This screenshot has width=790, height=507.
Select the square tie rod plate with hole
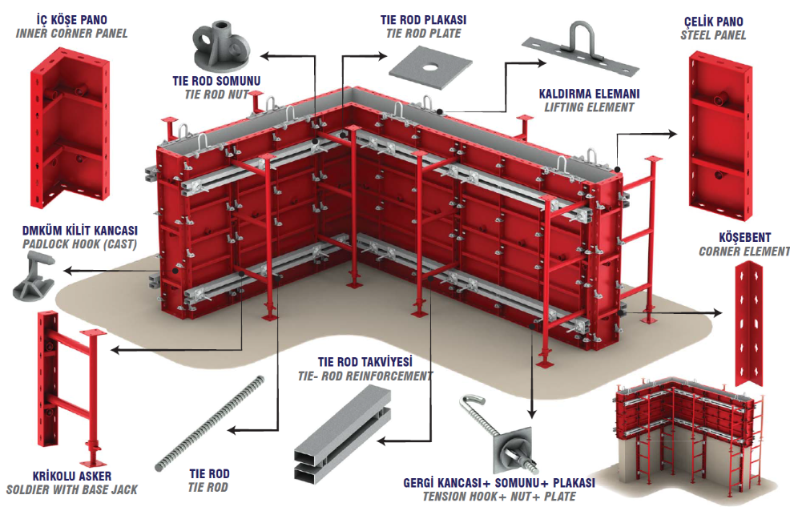pyautogui.click(x=430, y=68)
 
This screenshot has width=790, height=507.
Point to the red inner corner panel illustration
pyautogui.click(x=70, y=127)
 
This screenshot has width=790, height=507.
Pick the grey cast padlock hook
pyautogui.click(x=34, y=276)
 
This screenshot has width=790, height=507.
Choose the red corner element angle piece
pyautogui.click(x=748, y=324)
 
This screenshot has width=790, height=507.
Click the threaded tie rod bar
pyautogui.click(x=210, y=423)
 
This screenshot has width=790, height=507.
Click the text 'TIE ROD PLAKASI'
pyautogui.click(x=423, y=20)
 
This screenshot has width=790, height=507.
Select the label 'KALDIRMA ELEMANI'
pyautogui.click(x=589, y=95)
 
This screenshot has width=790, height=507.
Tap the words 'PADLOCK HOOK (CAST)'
pyautogui.click(x=79, y=244)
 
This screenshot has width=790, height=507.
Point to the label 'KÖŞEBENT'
pyautogui.click(x=744, y=237)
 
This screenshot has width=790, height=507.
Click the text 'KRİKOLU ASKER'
pyautogui.click(x=72, y=476)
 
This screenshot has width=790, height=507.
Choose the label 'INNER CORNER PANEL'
pyautogui.click(x=71, y=34)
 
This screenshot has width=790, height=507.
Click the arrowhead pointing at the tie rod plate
pyautogui.click(x=382, y=55)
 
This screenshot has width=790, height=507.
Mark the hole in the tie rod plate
pyautogui.click(x=430, y=66)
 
